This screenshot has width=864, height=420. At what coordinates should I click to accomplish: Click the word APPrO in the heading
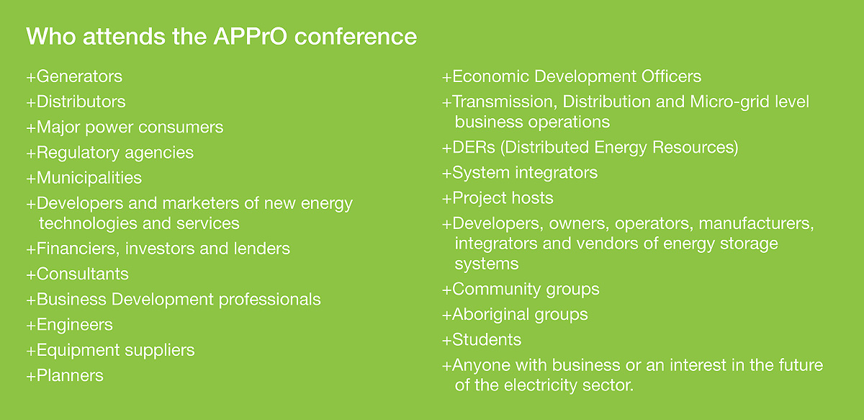click(x=251, y=36)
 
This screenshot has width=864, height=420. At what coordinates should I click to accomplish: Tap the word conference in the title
click(x=356, y=36)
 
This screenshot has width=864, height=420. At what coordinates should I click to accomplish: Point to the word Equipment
click(x=78, y=351)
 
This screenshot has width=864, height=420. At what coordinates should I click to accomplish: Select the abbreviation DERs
click(x=474, y=148)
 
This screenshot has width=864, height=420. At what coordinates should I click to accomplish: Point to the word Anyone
click(x=481, y=365)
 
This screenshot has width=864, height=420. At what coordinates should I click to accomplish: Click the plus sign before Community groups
click(x=446, y=290)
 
